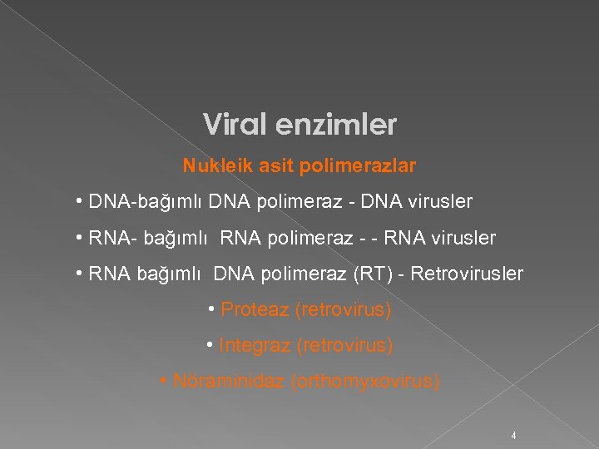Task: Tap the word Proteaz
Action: [x=255, y=310]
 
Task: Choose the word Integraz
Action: [x=255, y=344]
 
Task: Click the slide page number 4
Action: [x=514, y=436]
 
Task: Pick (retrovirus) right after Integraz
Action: [x=344, y=344]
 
